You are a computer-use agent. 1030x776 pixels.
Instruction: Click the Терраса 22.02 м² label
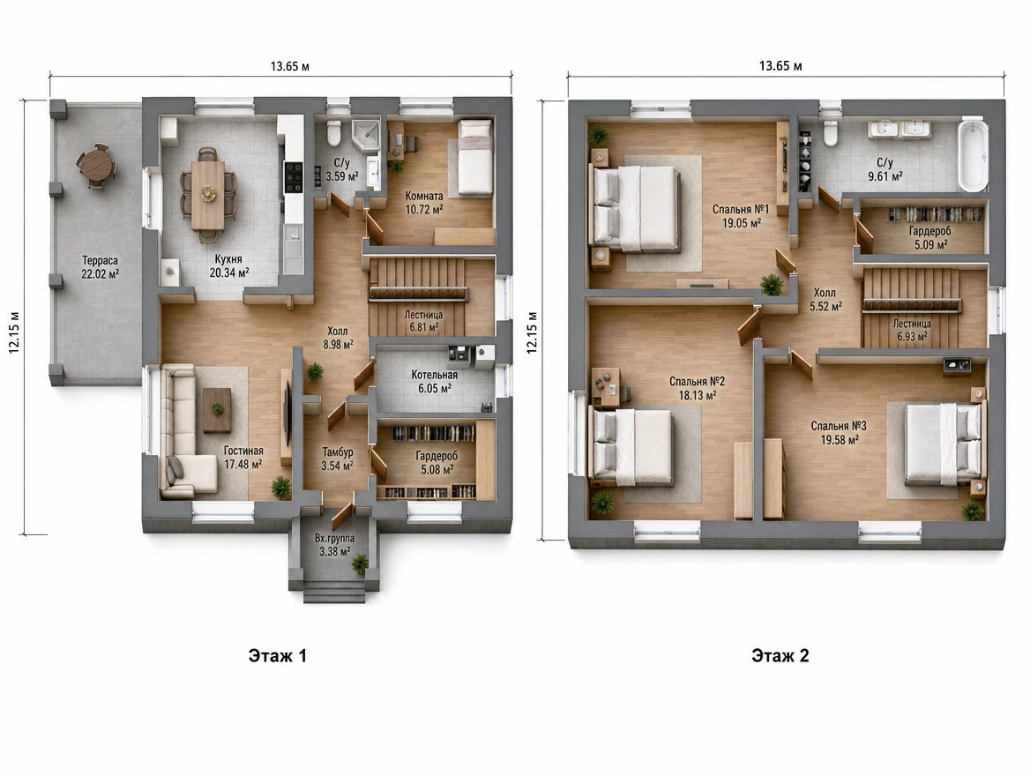[100, 267]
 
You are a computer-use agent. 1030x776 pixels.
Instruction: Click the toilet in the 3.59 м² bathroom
[333, 133]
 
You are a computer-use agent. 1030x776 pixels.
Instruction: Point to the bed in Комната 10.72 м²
[474, 157]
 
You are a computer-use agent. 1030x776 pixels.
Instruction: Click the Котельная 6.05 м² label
[434, 382]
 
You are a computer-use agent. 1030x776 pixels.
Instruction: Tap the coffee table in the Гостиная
[217, 410]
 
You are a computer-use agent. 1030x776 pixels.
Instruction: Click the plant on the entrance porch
[359, 563]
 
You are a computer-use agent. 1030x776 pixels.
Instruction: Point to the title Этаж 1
[277, 656]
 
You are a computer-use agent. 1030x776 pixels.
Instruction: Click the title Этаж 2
[780, 656]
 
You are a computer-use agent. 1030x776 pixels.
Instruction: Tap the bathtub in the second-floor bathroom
[972, 155]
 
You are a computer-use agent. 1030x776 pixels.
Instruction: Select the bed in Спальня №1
[635, 208]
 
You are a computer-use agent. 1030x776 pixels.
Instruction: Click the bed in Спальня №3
[944, 444]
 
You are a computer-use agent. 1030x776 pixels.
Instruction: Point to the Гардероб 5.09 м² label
[929, 238]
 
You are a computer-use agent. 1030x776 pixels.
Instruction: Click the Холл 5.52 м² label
[825, 300]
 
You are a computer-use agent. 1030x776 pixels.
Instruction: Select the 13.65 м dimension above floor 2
[780, 66]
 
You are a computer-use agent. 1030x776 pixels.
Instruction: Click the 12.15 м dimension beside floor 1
[14, 332]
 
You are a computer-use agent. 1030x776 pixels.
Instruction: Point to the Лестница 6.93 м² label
[912, 330]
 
